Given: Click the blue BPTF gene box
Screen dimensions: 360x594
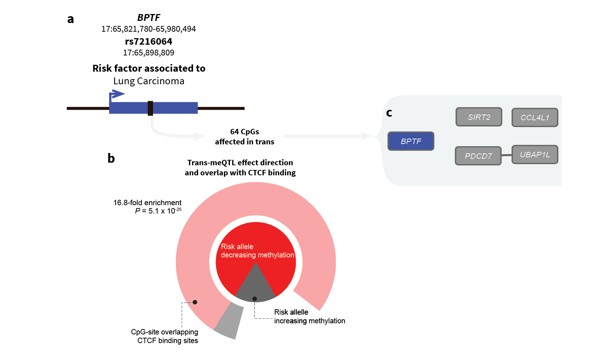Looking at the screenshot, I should (x=411, y=141).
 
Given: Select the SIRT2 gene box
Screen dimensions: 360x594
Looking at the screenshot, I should (x=479, y=117).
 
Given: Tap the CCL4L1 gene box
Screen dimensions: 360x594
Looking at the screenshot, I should (x=535, y=117).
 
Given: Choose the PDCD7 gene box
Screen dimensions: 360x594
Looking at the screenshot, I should (x=478, y=156).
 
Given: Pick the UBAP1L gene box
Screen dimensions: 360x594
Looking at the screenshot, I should (x=535, y=154).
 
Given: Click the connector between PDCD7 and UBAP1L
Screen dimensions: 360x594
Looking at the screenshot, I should (x=507, y=155).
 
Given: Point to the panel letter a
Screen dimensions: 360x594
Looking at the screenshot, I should (x=71, y=19).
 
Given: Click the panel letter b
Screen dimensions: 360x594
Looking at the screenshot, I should (x=111, y=158).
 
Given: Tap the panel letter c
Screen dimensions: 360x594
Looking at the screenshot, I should (x=389, y=113).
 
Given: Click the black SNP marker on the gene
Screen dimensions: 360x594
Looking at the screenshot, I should (x=150, y=108).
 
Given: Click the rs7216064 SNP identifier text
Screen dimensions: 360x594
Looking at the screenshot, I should (x=149, y=41).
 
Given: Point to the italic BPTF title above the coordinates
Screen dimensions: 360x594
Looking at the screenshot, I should (x=149, y=18).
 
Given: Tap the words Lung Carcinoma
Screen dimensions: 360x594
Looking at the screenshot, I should (x=149, y=81).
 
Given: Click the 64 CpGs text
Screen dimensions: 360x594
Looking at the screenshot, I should (x=244, y=132).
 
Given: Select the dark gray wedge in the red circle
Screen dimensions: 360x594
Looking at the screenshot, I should (x=255, y=286).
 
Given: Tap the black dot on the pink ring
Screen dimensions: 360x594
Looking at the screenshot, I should (x=195, y=302).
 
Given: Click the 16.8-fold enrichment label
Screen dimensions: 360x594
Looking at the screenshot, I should (x=147, y=203).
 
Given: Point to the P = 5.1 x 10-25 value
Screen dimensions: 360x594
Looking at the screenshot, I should (x=158, y=211).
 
